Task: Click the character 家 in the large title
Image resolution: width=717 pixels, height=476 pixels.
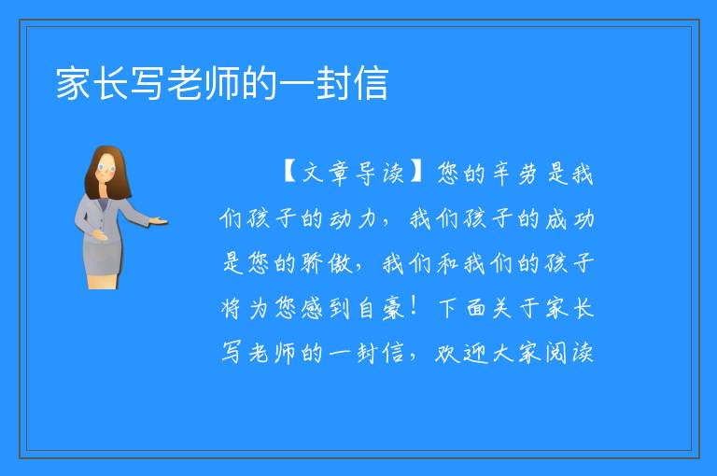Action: coord(73,83)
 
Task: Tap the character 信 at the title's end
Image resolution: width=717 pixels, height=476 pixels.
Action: coord(372,83)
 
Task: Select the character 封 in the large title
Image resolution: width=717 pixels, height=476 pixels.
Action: coord(334,83)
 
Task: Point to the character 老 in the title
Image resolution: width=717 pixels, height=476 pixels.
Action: coord(185,83)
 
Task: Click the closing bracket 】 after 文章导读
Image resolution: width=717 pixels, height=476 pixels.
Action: coord(416,173)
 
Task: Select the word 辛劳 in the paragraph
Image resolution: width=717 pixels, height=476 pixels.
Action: coord(514,174)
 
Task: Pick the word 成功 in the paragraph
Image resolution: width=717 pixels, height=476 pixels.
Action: coord(570,218)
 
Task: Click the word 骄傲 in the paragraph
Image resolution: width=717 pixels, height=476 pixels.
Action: coord(327,263)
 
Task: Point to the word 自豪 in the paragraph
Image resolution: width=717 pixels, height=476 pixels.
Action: coord(381,308)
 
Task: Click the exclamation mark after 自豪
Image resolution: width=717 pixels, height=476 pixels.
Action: coord(414,307)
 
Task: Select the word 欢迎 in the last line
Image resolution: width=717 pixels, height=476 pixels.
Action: coord(462,353)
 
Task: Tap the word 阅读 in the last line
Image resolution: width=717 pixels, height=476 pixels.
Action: coord(569,353)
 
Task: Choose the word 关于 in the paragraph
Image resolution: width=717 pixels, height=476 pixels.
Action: coord(515,308)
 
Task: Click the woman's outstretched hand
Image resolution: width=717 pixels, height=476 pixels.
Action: coord(158,222)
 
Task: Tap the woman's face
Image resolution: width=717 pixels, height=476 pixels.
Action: coord(106,168)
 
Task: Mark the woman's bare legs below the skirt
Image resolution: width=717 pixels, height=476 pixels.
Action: coord(103,282)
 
